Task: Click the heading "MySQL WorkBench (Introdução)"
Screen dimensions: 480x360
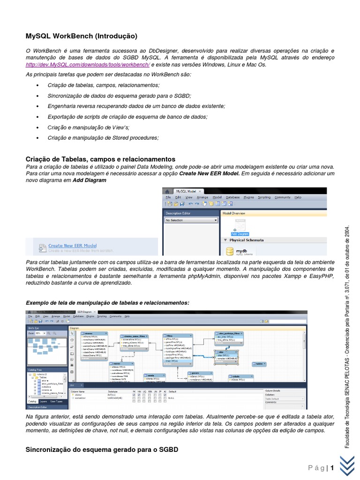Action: pyautogui.click(x=81, y=36)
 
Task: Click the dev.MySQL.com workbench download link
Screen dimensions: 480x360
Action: pyautogui.click(x=88, y=65)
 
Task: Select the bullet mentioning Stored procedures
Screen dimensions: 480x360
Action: pyautogui.click(x=103, y=137)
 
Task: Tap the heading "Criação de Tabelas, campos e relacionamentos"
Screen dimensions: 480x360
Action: pyautogui.click(x=100, y=159)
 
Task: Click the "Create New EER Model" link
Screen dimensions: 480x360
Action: pyautogui.click(x=72, y=245)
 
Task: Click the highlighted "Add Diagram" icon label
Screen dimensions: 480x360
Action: pyautogui.click(x=240, y=233)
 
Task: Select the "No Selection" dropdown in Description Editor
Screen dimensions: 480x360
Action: pyautogui.click(x=191, y=220)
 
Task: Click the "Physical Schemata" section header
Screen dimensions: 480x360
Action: pyautogui.click(x=246, y=240)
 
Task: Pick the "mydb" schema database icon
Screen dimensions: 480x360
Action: pyautogui.click(x=230, y=251)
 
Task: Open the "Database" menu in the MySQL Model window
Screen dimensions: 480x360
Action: pyautogui.click(x=232, y=197)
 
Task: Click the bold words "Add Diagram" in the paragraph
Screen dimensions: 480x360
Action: pyautogui.click(x=86, y=180)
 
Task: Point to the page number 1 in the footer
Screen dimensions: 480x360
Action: pyautogui.click(x=332, y=468)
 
